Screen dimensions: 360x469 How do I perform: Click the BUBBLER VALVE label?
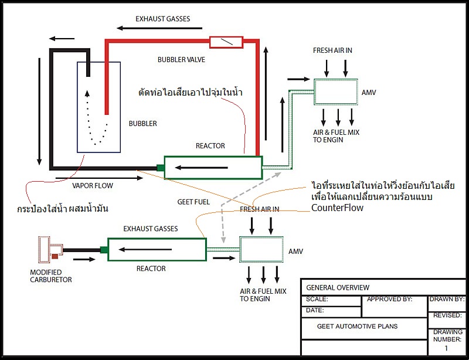click(x=181, y=60)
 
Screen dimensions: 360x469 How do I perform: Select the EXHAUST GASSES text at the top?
click(x=162, y=19)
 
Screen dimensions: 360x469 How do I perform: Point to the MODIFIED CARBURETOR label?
click(x=51, y=276)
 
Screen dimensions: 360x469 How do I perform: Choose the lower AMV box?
click(x=261, y=250)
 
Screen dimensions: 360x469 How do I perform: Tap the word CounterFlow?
click(x=338, y=208)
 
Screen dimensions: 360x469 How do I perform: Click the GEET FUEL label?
click(x=193, y=202)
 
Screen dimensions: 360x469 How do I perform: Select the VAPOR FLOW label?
click(x=93, y=186)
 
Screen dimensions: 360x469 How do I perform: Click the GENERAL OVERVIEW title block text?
click(x=338, y=288)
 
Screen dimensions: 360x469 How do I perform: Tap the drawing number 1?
click(x=446, y=348)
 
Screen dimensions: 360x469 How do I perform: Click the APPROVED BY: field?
click(x=389, y=299)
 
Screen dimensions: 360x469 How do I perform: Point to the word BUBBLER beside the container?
click(x=143, y=124)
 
